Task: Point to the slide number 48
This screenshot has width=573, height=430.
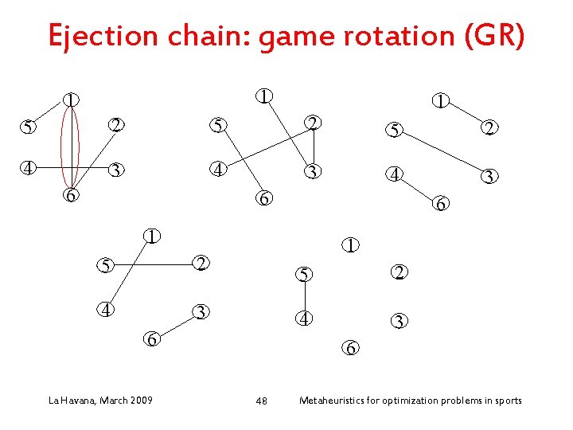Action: (x=261, y=401)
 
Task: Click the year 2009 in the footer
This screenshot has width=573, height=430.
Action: (x=140, y=400)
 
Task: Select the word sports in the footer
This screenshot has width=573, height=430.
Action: (x=506, y=400)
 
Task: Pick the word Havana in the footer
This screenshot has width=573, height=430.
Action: (x=78, y=400)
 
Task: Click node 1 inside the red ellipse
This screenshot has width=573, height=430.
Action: (x=72, y=100)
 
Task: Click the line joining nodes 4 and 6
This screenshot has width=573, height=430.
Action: (x=415, y=188)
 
